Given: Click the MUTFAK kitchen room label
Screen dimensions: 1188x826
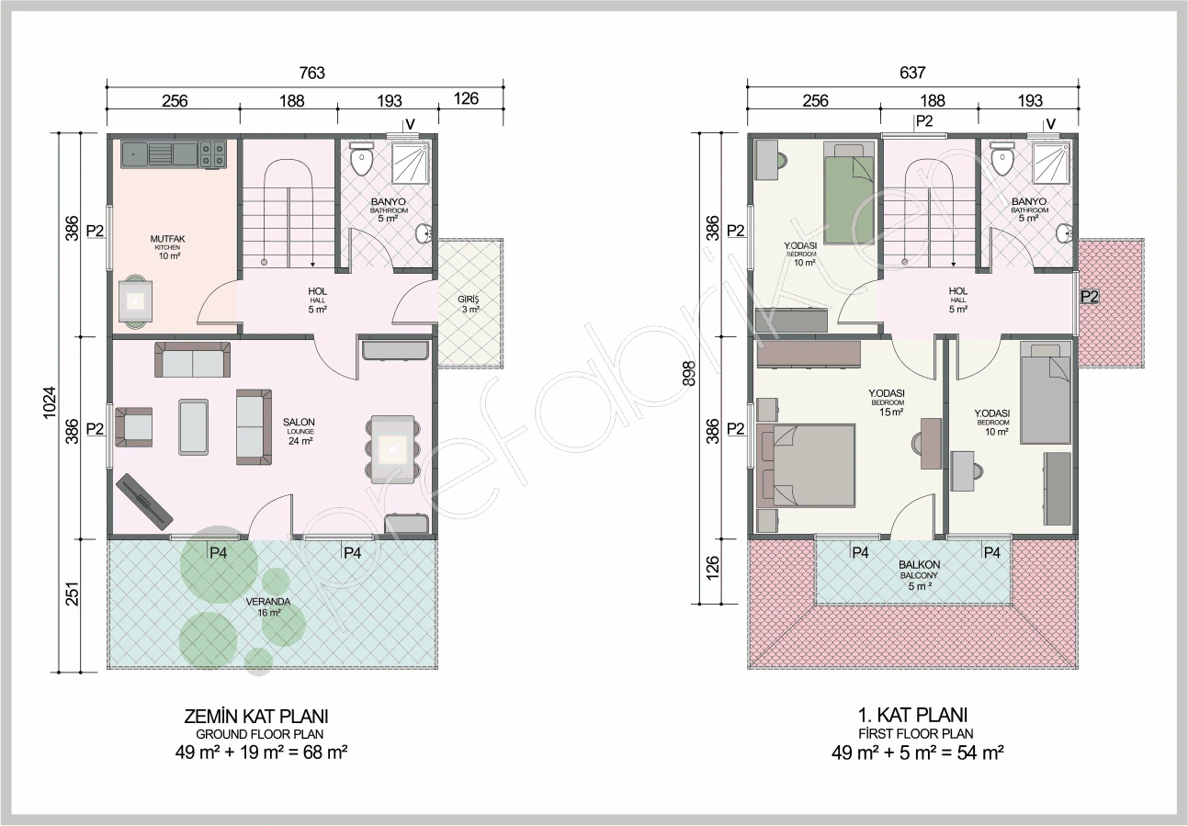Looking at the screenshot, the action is click(x=167, y=247).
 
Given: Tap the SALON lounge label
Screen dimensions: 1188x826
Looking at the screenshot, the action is click(x=300, y=431).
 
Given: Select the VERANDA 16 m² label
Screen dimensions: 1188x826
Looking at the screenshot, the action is click(x=268, y=607).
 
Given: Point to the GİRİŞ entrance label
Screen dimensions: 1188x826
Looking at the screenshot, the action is click(x=469, y=304).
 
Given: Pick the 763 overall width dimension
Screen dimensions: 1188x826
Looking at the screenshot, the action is click(x=311, y=73).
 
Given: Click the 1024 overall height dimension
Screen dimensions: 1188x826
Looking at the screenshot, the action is click(x=49, y=402).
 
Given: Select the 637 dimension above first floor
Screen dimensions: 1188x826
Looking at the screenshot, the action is click(x=912, y=73).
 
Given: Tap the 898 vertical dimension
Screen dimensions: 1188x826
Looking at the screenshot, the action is click(x=689, y=373).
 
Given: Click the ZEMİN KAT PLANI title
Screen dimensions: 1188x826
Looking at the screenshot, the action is click(x=256, y=717).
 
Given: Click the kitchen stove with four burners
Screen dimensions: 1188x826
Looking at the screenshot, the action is click(x=212, y=153).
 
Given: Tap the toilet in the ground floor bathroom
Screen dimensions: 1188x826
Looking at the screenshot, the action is click(x=362, y=157).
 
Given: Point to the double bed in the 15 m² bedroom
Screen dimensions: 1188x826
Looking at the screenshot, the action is click(x=806, y=465).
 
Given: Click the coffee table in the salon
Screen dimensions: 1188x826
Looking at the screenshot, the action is click(x=194, y=427).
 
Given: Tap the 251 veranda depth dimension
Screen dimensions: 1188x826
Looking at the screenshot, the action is click(x=72, y=594).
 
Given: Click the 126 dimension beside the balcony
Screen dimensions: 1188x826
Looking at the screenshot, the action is click(x=713, y=568).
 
